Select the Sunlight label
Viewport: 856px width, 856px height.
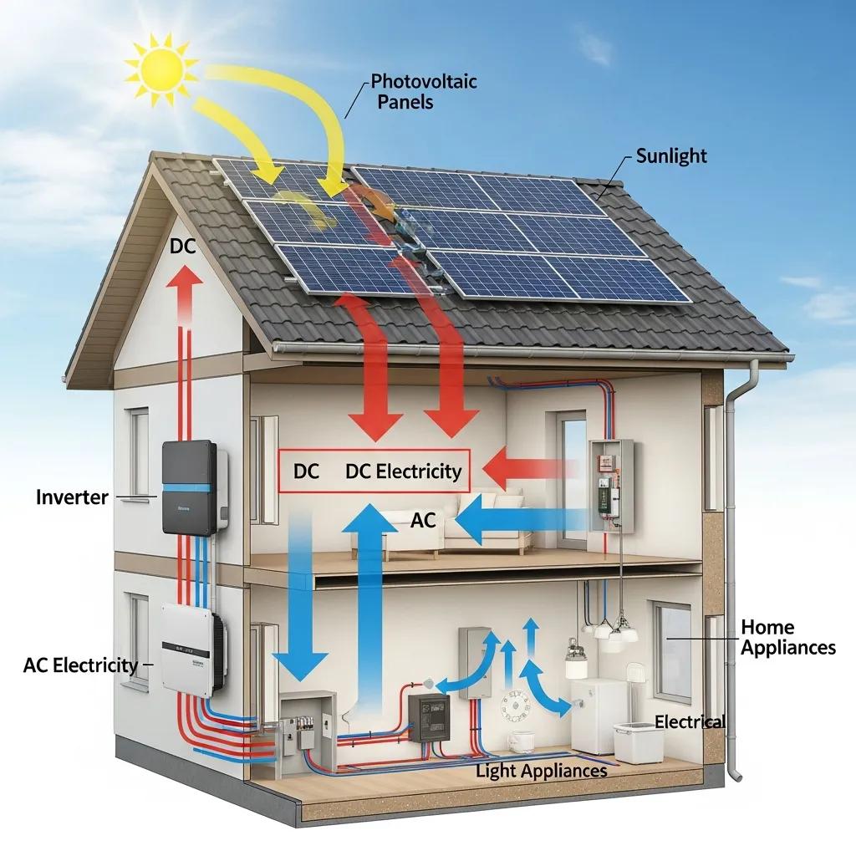pyautogui.click(x=671, y=155)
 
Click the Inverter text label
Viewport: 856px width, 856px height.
pyautogui.click(x=72, y=497)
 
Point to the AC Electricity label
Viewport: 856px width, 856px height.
pyautogui.click(x=80, y=665)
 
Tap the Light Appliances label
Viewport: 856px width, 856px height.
pyautogui.click(x=541, y=771)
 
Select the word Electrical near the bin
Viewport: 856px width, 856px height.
pyautogui.click(x=690, y=722)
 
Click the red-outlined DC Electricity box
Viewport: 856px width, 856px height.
pyautogui.click(x=374, y=471)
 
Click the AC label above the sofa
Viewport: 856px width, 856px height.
pyautogui.click(x=424, y=520)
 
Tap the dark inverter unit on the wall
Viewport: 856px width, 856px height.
pyautogui.click(x=193, y=487)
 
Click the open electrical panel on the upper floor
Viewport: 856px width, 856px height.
pyautogui.click(x=611, y=486)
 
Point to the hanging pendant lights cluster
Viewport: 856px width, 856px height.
pyautogui.click(x=609, y=630)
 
